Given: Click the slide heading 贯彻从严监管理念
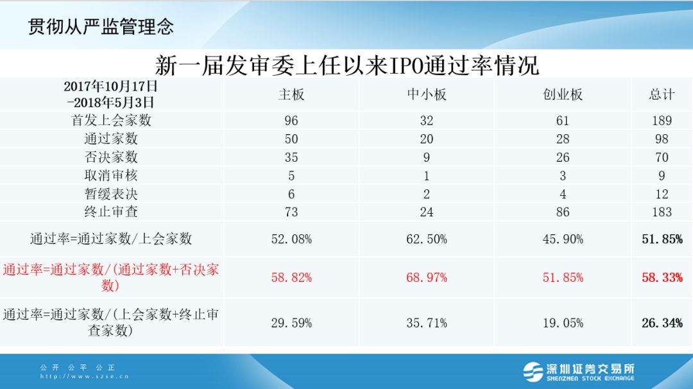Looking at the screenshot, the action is tap(101, 26).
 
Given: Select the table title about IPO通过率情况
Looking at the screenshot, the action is tap(346, 65).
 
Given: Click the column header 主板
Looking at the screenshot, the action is tap(291, 94).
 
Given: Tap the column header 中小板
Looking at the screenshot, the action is tap(427, 94).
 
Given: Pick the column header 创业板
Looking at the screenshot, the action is tap(563, 94).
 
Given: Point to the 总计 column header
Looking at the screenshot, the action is tap(662, 94).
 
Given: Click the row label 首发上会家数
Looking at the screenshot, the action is tap(112, 120).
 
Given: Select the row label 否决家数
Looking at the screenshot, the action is tap(112, 157).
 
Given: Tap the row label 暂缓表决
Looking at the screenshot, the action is tap(112, 194).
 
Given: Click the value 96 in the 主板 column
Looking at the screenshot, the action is tap(291, 121).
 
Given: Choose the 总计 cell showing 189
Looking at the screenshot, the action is tap(662, 121).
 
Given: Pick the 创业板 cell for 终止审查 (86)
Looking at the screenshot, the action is tap(563, 212).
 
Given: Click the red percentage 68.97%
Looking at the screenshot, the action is tap(427, 277).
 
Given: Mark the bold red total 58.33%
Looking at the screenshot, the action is tap(662, 277).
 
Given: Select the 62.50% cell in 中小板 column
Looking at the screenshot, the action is tap(427, 239).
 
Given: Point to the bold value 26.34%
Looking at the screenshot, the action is tap(662, 323).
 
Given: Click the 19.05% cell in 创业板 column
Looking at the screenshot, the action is tap(563, 323).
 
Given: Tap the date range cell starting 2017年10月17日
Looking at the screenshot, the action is tap(110, 94).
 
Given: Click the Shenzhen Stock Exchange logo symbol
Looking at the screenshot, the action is tap(533, 371).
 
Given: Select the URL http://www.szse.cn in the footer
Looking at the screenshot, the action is tap(84, 377).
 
